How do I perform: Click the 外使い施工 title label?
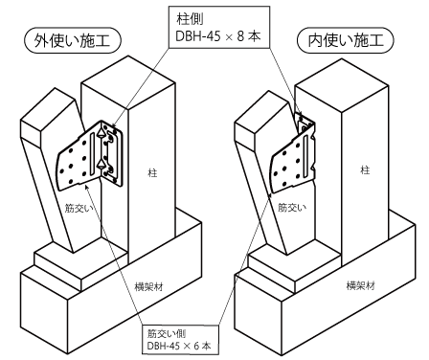pos(73,40)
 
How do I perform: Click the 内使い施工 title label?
pos(346,40)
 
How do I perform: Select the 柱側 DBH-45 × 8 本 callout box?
pos(219,27)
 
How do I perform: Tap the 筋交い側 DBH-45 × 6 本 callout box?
pos(181,340)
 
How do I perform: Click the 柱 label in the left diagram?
pos(152,173)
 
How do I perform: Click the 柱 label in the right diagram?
pos(365,169)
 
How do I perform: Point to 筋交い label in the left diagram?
pos(79,208)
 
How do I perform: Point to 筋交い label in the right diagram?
pos(292,208)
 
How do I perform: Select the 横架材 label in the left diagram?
pos(148,286)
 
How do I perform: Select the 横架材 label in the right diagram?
pos(361,285)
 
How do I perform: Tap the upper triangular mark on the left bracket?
pos(101,133)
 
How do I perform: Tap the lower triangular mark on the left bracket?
pos(101,165)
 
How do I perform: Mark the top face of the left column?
pos(128,83)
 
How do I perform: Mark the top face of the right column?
pos(342,85)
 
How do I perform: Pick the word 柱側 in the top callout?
pos(190,20)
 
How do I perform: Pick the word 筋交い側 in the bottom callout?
pos(167,334)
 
